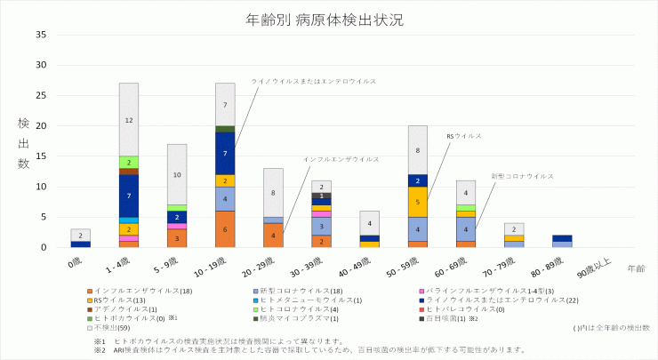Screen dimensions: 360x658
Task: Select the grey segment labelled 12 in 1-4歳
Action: point(129,119)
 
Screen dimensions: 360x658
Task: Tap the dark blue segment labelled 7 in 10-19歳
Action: point(225,153)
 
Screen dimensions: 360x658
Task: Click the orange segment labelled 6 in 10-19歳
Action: point(225,228)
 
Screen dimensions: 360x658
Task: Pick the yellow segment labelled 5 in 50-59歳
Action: point(418,202)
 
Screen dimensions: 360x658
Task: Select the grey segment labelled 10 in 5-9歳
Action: point(177,174)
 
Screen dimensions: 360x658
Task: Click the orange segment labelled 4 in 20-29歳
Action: point(273,235)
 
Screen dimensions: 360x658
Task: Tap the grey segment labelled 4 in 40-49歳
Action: point(369,222)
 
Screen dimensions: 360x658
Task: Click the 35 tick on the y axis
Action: point(42,35)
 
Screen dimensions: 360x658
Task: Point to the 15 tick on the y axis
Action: point(42,156)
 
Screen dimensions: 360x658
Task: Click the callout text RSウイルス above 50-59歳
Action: point(463,136)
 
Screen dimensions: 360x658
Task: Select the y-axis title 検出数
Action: point(23,141)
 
